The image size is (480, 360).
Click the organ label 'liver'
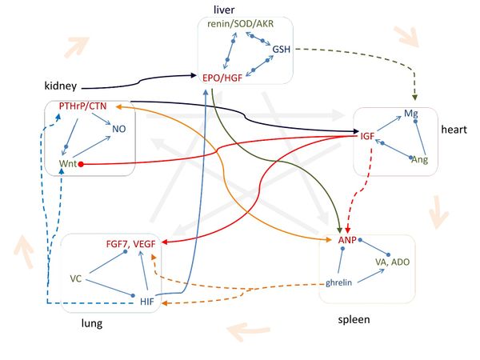223,9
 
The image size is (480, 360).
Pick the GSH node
282,50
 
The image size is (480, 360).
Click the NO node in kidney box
119,128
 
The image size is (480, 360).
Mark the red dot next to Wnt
82,164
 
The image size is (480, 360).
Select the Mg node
410,114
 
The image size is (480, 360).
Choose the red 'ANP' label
346,238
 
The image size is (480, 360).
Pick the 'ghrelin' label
339,283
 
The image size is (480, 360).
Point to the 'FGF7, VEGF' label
131,242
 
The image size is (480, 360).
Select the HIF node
146,301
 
